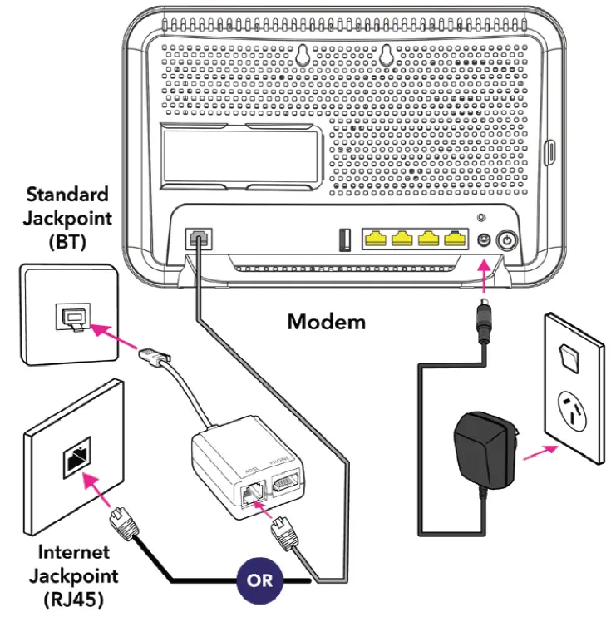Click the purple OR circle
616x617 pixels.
[x=260, y=580]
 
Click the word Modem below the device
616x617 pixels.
[x=326, y=321]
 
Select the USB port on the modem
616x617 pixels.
[x=343, y=239]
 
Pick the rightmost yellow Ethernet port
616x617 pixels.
[x=454, y=239]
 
